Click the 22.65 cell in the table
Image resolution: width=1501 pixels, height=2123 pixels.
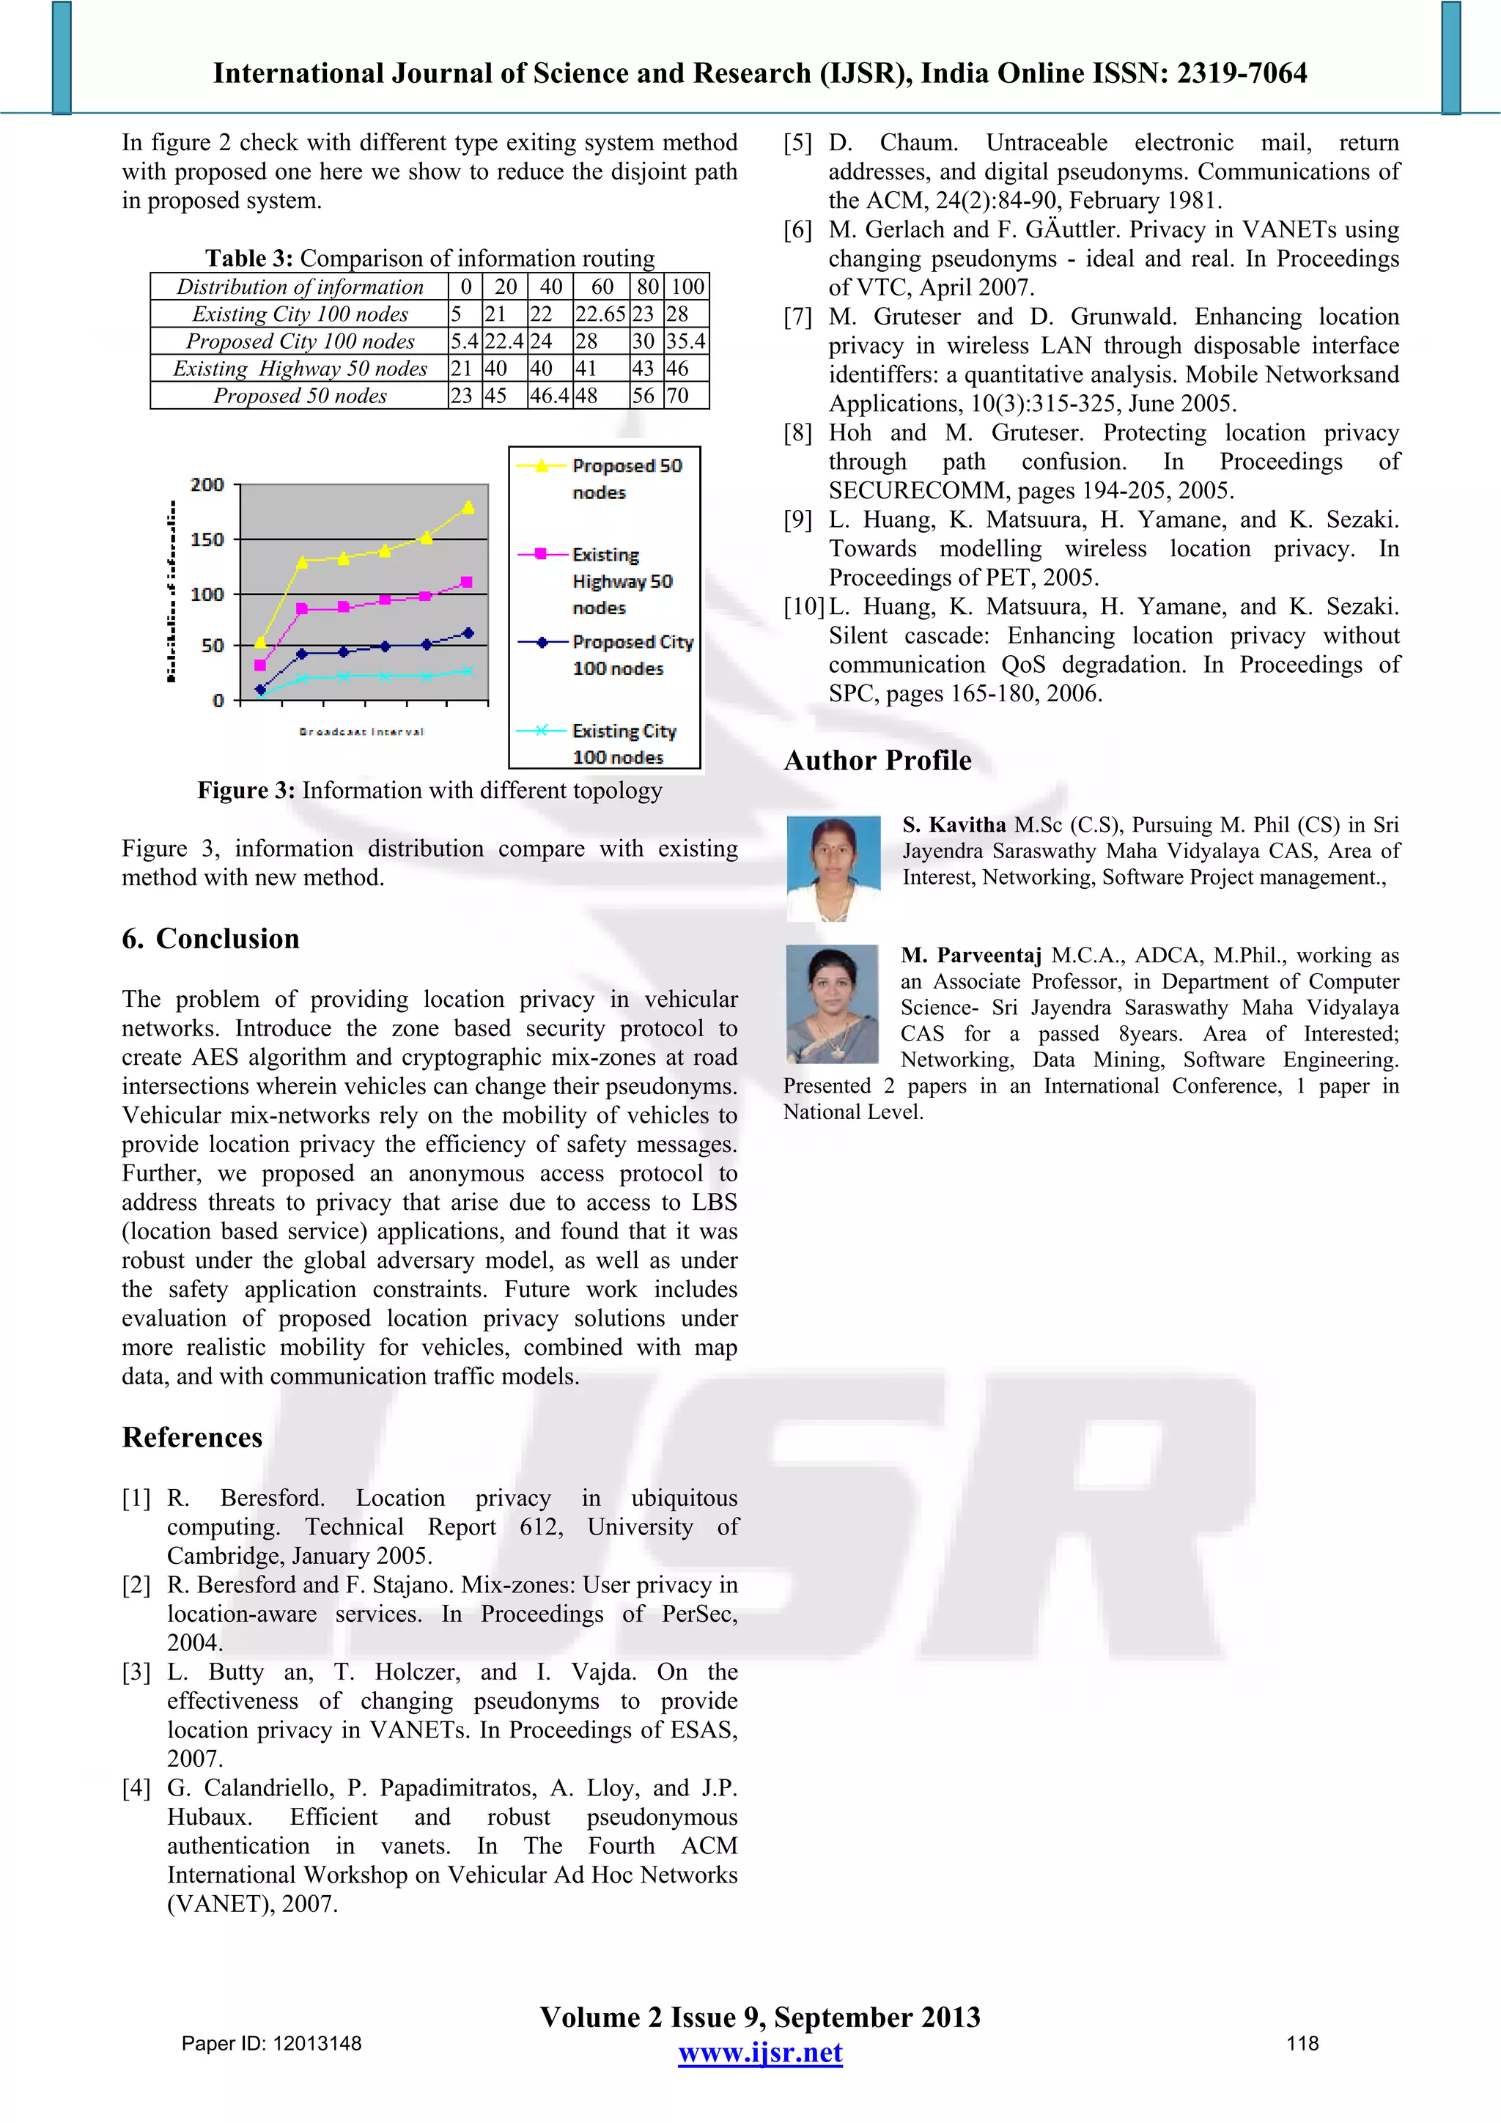(x=600, y=314)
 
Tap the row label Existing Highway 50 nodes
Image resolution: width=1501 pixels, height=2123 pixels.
(x=300, y=369)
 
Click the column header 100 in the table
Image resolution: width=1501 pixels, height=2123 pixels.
(x=687, y=287)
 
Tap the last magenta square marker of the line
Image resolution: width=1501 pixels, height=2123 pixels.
(x=467, y=582)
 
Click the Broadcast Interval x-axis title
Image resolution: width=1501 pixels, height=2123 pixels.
(x=361, y=731)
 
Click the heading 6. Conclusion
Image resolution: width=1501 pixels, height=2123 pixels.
(x=211, y=939)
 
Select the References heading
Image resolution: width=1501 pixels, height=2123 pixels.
(x=192, y=1437)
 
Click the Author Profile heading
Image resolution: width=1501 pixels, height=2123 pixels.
(x=878, y=760)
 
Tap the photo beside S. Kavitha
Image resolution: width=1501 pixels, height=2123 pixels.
(x=833, y=868)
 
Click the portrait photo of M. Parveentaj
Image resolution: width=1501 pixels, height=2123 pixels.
(x=831, y=1003)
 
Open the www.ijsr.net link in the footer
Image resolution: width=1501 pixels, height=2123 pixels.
(x=760, y=2053)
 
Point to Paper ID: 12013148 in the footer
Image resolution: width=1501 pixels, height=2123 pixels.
(x=271, y=2043)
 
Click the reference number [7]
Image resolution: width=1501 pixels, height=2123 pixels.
(x=798, y=317)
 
